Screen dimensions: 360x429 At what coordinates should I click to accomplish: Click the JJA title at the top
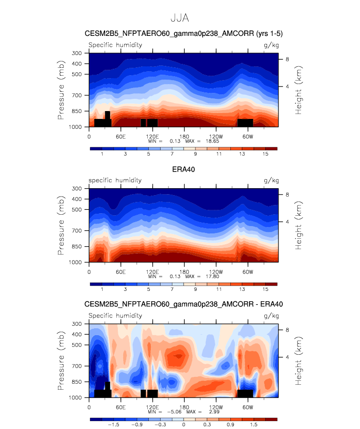click(x=180, y=18)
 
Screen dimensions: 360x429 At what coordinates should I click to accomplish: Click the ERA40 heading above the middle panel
click(x=183, y=170)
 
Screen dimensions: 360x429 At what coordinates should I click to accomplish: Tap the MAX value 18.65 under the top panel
click(x=212, y=141)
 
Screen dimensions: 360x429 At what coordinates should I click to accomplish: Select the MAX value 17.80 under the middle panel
click(x=212, y=277)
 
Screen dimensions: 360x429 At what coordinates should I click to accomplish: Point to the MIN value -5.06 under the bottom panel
click(x=174, y=412)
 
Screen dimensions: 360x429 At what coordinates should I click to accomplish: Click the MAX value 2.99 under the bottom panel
click(x=214, y=412)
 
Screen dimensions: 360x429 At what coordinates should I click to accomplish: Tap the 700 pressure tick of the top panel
click(x=77, y=95)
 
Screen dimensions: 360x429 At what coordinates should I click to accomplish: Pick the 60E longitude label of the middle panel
click(x=120, y=272)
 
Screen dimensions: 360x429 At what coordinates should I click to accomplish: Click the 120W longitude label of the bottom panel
click(x=216, y=407)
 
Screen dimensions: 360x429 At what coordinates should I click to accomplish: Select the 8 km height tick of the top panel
click(x=287, y=59)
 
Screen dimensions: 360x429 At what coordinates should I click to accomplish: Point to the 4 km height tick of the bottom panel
click(x=287, y=357)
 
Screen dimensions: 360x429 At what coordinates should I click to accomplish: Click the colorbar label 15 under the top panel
click(x=265, y=154)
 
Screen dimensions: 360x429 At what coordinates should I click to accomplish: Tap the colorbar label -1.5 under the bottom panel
click(x=113, y=425)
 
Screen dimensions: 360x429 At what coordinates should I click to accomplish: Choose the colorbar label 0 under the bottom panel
click(x=184, y=425)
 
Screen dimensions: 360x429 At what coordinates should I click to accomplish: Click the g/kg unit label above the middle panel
click(x=271, y=180)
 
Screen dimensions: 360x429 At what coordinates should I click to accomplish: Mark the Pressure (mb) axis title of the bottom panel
click(x=61, y=361)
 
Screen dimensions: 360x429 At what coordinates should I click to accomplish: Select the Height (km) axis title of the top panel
click(x=298, y=90)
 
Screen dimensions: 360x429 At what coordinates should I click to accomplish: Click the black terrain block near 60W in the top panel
click(x=245, y=123)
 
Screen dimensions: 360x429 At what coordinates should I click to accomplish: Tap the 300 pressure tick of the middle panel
click(x=77, y=189)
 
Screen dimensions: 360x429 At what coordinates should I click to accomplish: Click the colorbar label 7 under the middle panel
click(x=172, y=289)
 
